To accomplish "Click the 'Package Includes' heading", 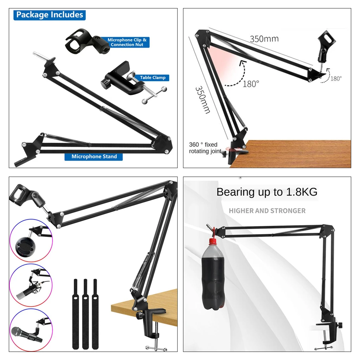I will (x=50, y=15).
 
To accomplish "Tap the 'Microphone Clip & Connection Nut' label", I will (x=127, y=43).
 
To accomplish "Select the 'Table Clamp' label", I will (x=152, y=78).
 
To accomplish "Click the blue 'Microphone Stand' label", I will (x=94, y=156).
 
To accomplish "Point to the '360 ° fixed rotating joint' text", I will (x=204, y=148).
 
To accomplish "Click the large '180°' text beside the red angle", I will (x=251, y=84).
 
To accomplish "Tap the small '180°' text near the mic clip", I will (x=336, y=79).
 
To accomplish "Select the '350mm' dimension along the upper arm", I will (x=264, y=38).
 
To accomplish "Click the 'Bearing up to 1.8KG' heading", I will (x=267, y=192).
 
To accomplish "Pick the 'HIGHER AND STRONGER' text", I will (x=267, y=211).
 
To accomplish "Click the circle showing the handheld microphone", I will (x=31, y=330).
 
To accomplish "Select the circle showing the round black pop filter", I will (x=31, y=241).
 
